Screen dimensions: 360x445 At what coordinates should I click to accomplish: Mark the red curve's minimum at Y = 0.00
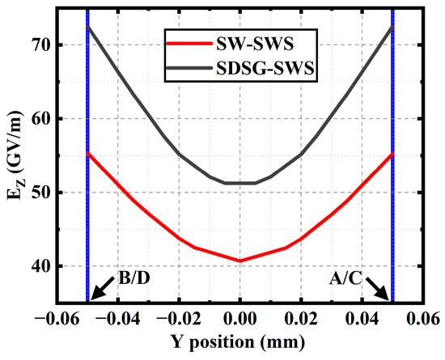tap(240, 260)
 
